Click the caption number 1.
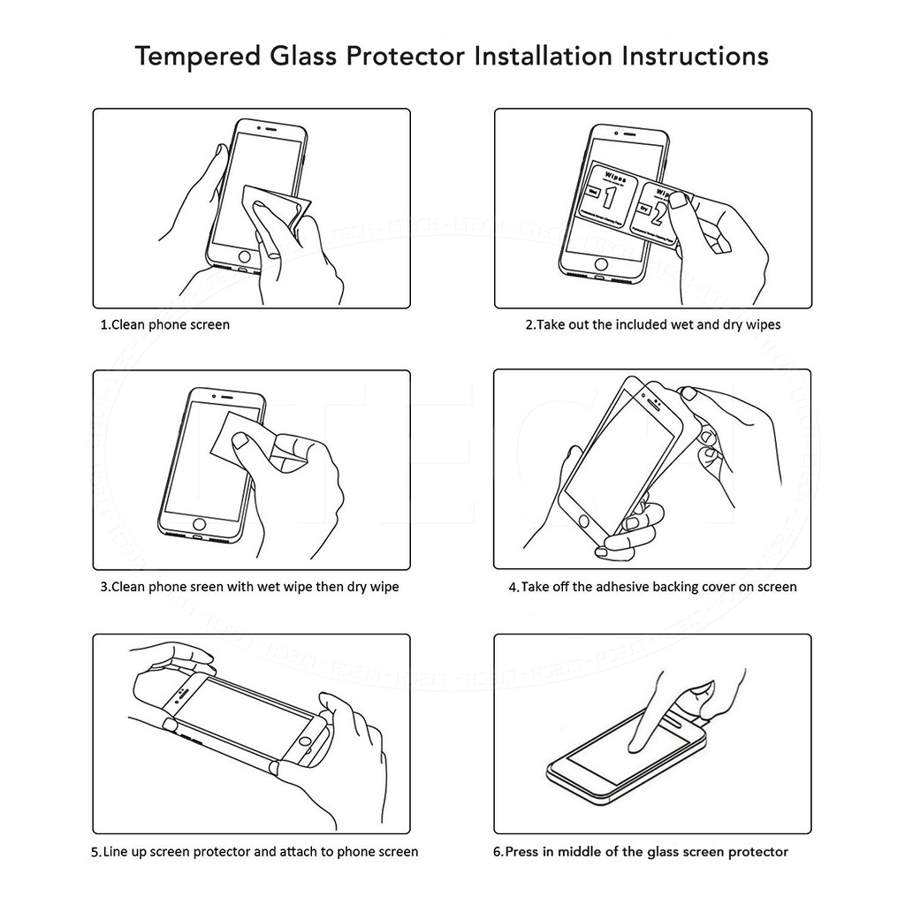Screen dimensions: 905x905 (x=103, y=324)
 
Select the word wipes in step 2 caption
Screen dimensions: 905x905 (x=763, y=324)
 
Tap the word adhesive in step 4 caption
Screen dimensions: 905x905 (x=623, y=587)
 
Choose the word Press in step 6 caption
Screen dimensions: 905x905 (x=521, y=852)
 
